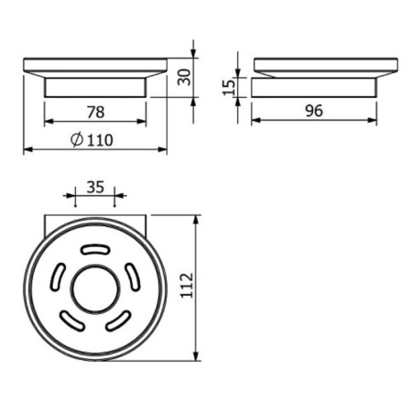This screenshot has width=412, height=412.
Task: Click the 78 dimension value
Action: [95, 112]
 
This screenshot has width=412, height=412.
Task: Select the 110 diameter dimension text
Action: [100, 140]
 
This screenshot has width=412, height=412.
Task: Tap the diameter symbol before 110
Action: [77, 139]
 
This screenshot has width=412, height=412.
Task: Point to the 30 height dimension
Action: [184, 77]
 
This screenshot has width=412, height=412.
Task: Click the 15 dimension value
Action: [229, 87]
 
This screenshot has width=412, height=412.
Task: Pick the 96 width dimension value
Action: [314, 111]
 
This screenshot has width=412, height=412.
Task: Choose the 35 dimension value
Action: [95, 187]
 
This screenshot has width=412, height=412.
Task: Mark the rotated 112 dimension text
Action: [187, 286]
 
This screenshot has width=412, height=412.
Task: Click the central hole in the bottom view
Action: [95, 289]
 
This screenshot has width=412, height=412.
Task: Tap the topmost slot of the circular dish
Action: [95, 250]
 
